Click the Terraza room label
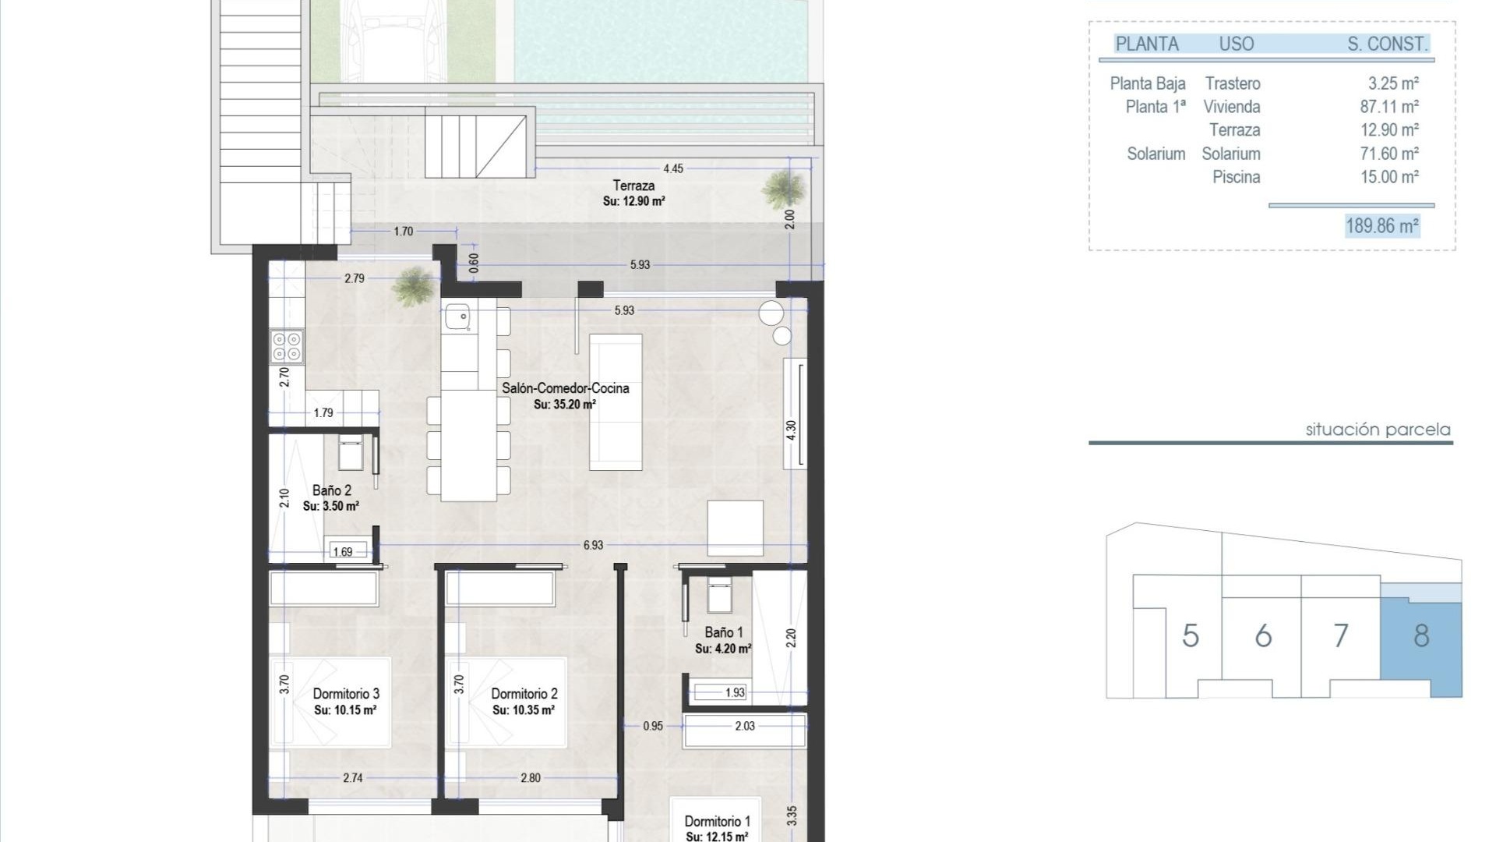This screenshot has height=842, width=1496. point(633,186)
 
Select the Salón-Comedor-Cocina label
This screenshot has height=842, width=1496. point(565,388)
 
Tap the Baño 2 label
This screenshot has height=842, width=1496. point(331,490)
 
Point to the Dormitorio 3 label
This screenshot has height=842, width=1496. point(346,694)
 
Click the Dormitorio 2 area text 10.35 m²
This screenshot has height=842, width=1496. point(524,710)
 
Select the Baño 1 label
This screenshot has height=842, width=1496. point(724,632)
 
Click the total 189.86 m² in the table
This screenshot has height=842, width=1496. point(1382,226)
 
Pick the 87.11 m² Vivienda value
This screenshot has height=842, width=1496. point(1389,107)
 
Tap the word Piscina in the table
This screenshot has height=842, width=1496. point(1236,177)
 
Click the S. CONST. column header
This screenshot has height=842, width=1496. point(1388,44)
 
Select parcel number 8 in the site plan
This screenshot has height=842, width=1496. point(1421,636)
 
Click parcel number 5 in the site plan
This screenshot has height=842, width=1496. point(1190,636)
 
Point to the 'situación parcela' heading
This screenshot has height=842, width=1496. point(1378,430)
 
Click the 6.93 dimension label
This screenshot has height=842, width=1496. point(593,545)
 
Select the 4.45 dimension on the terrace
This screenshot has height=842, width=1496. point(673,168)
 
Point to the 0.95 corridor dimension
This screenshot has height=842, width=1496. point(653,726)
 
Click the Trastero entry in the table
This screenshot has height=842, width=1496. point(1232,83)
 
